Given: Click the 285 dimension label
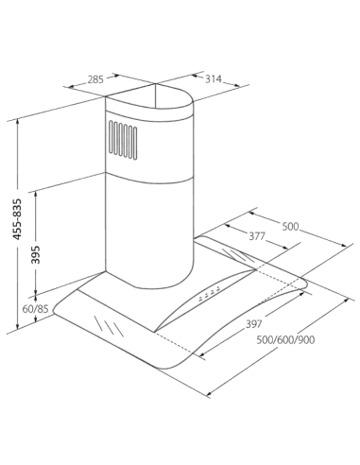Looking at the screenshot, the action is click(x=95, y=79).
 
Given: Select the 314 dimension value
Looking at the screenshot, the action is click(x=214, y=79).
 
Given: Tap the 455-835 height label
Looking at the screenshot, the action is click(x=18, y=219).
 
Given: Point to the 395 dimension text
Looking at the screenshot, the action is click(x=37, y=254).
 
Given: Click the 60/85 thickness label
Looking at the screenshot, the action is click(x=35, y=309).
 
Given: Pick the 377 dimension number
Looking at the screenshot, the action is click(x=257, y=236).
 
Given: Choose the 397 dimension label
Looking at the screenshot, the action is click(x=254, y=324).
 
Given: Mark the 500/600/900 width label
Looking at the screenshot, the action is click(x=285, y=340).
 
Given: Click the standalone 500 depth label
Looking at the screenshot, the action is click(x=290, y=226).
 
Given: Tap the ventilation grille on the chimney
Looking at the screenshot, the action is click(x=123, y=139).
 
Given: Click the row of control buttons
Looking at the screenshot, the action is click(x=210, y=294).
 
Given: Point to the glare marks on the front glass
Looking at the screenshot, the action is click(x=109, y=326).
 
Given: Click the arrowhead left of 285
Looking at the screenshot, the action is click(x=72, y=85).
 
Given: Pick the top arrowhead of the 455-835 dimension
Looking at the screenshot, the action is click(x=18, y=122).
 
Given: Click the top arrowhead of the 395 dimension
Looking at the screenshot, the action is click(x=36, y=194).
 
